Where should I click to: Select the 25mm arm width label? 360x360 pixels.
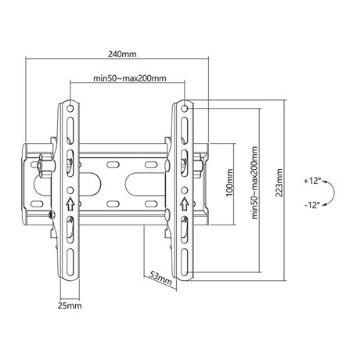pyautogui.click(x=70, y=305)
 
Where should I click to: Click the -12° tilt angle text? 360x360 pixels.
pyautogui.click(x=311, y=205)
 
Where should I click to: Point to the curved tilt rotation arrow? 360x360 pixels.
pyautogui.click(x=333, y=193)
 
